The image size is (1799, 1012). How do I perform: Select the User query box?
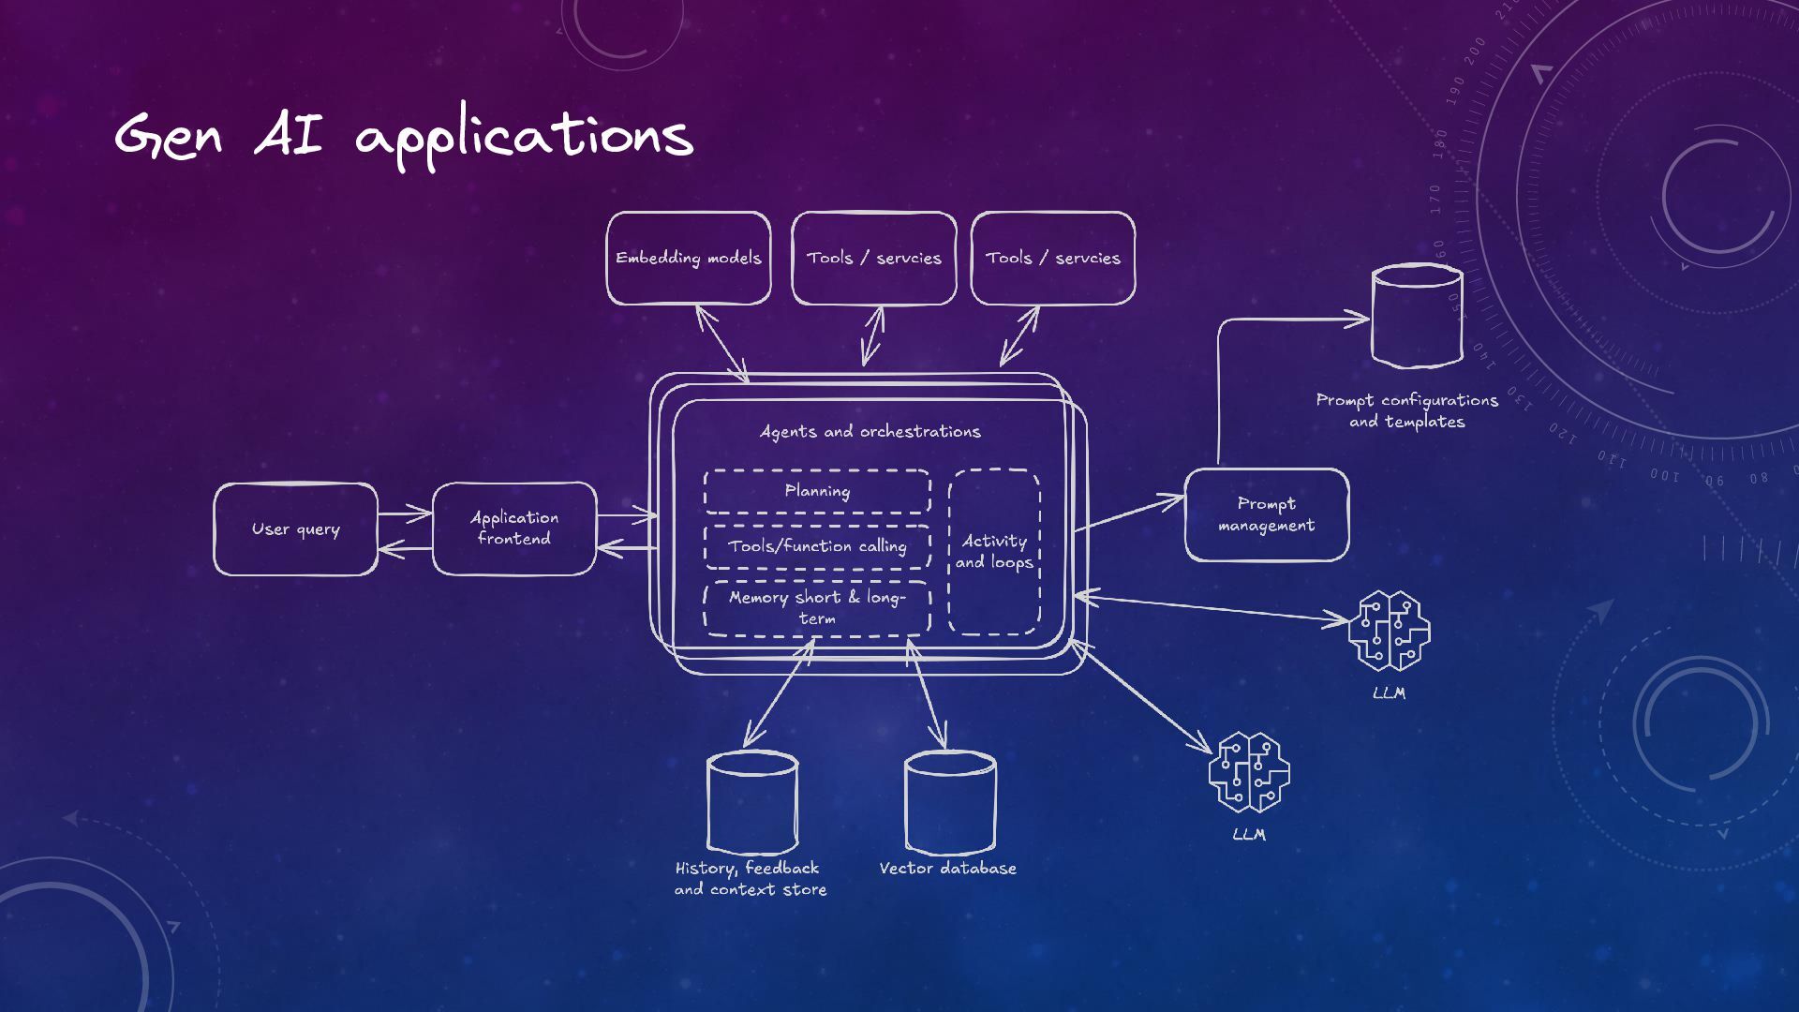tap(295, 529)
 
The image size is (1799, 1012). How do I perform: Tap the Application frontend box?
tap(513, 528)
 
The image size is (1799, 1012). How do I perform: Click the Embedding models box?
tap(688, 259)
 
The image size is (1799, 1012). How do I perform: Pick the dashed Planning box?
tap(817, 491)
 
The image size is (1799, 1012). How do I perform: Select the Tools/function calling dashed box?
tap(817, 546)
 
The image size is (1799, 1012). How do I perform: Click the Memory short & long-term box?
tap(817, 608)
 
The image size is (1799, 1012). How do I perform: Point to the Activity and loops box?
tap(994, 552)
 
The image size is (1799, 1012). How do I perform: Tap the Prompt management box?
tap(1267, 515)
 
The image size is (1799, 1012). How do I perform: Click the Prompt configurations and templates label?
tap(1406, 411)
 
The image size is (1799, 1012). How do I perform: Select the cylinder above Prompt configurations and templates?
tap(1416, 316)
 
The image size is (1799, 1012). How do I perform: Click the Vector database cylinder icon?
tap(949, 802)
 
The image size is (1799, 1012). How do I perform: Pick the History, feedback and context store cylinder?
tap(751, 802)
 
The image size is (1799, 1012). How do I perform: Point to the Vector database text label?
tap(947, 869)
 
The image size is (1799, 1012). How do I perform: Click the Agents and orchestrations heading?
tap(870, 432)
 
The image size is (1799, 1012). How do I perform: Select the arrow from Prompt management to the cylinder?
tap(1219, 375)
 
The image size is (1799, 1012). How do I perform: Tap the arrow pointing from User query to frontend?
tap(405, 513)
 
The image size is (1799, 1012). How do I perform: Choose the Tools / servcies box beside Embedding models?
tap(873, 259)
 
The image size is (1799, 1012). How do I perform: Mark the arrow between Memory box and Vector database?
tap(926, 693)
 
